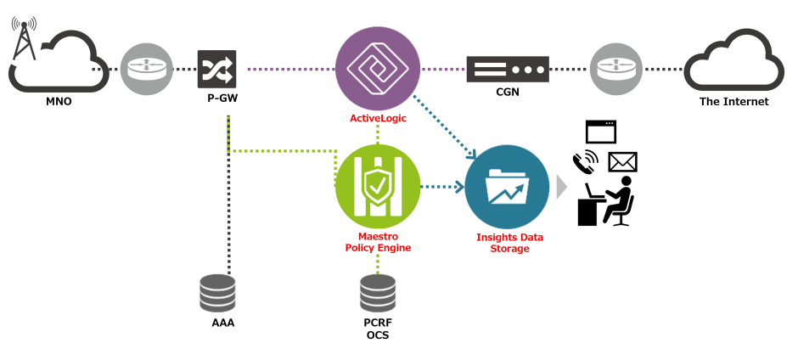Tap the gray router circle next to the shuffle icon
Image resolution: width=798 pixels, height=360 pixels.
click(x=146, y=69)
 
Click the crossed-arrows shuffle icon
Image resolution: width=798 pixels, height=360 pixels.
click(x=217, y=69)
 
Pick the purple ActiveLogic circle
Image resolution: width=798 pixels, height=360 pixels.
click(x=378, y=68)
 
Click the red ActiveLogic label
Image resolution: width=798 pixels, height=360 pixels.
click(x=378, y=118)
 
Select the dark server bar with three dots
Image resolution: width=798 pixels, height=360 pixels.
click(x=508, y=69)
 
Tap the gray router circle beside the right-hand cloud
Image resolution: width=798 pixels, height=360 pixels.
click(x=616, y=69)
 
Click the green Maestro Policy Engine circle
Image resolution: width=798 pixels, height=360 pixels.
click(x=378, y=187)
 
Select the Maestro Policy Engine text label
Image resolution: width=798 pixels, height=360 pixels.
click(x=378, y=241)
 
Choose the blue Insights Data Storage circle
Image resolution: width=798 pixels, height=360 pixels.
click(x=507, y=187)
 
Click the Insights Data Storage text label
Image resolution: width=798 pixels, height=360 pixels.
click(x=509, y=243)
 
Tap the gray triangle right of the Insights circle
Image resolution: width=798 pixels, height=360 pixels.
click(x=560, y=187)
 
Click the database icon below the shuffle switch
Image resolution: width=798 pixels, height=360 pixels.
click(x=217, y=292)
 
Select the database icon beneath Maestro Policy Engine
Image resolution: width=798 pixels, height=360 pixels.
click(x=378, y=292)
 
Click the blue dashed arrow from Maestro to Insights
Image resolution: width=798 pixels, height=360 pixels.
click(x=443, y=187)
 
